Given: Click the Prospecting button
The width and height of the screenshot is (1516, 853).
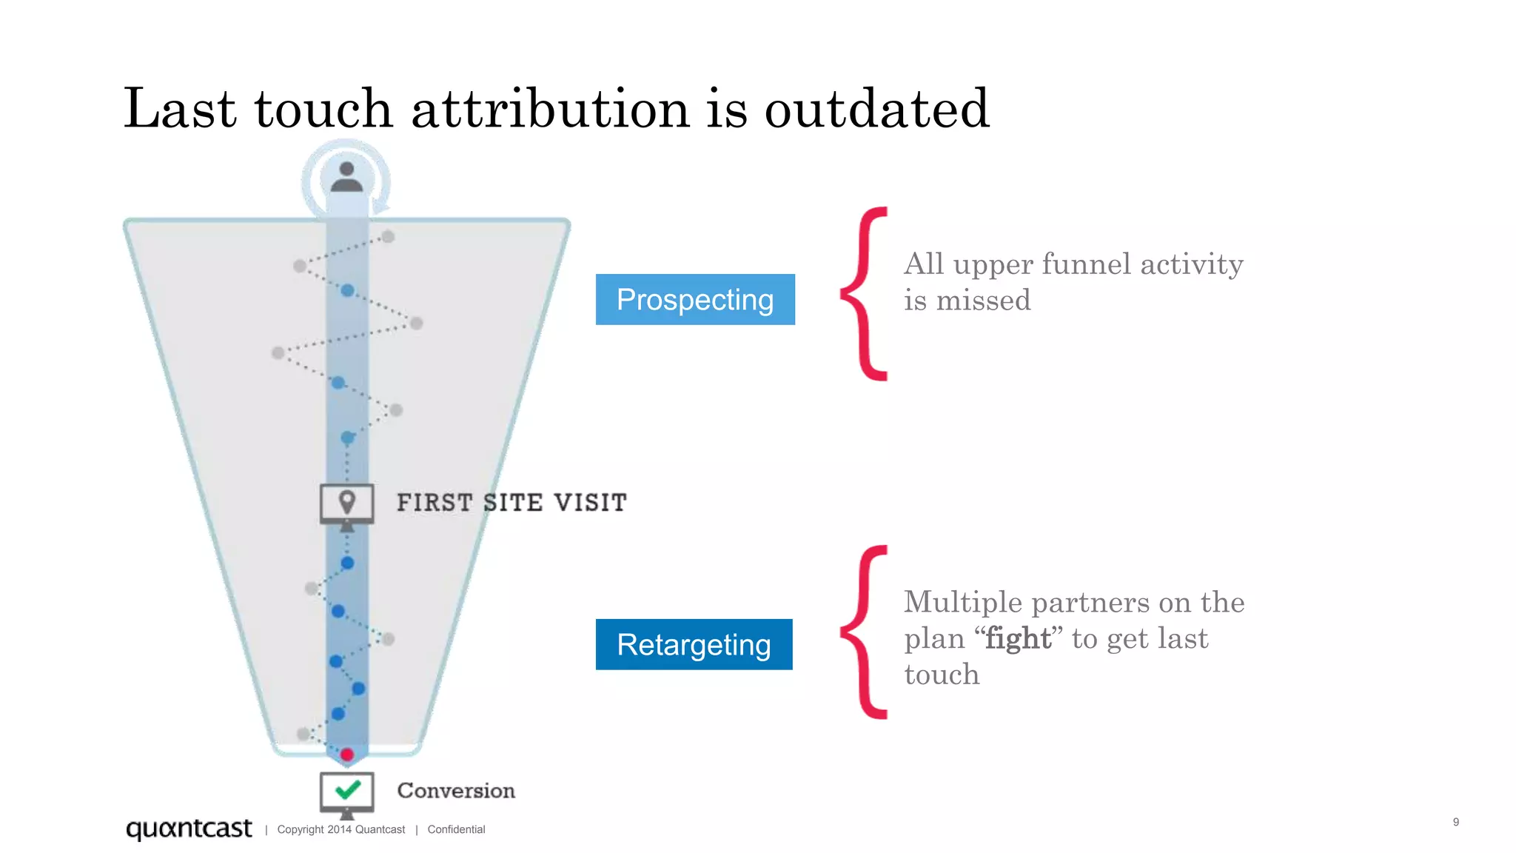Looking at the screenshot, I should (695, 299).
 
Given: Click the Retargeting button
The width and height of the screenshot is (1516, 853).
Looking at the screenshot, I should (694, 644).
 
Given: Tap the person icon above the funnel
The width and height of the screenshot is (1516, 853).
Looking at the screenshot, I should (346, 178).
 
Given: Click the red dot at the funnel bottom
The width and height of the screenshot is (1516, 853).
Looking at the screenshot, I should (346, 755).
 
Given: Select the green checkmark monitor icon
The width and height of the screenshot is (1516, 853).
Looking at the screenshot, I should (346, 792).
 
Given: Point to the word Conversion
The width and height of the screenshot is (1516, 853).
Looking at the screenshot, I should (456, 791).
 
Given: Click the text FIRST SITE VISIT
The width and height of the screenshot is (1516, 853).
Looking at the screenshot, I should (512, 503).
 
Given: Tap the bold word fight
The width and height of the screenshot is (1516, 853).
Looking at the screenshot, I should (1018, 638).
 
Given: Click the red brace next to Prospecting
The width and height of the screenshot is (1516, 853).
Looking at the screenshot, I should (864, 294).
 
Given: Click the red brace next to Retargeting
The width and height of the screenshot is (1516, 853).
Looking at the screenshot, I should (864, 632).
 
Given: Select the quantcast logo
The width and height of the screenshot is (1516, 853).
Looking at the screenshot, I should (189, 828).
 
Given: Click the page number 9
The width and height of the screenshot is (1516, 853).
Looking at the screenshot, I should (1455, 822).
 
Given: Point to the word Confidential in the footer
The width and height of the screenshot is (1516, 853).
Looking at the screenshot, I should (456, 829).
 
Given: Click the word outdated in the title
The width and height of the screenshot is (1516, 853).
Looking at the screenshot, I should (876, 109).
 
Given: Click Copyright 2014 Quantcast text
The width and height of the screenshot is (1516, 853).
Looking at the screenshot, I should (341, 829).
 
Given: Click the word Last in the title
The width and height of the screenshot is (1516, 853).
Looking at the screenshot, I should (179, 109).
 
